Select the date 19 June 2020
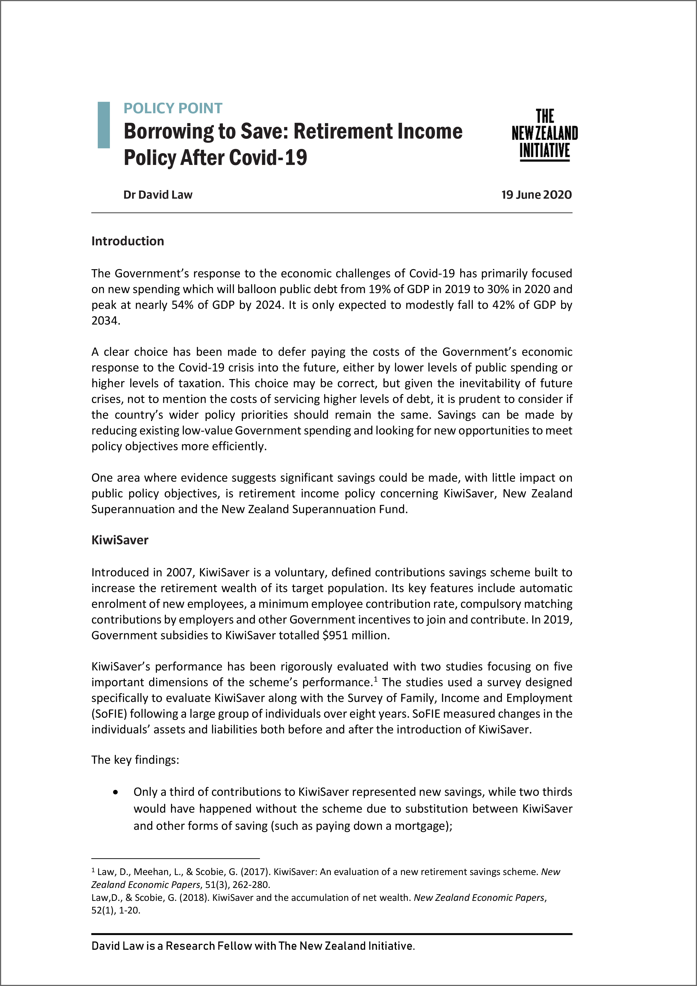pyautogui.click(x=537, y=195)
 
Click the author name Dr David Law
pyautogui.click(x=158, y=195)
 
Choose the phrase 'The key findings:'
pyautogui.click(x=135, y=760)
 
